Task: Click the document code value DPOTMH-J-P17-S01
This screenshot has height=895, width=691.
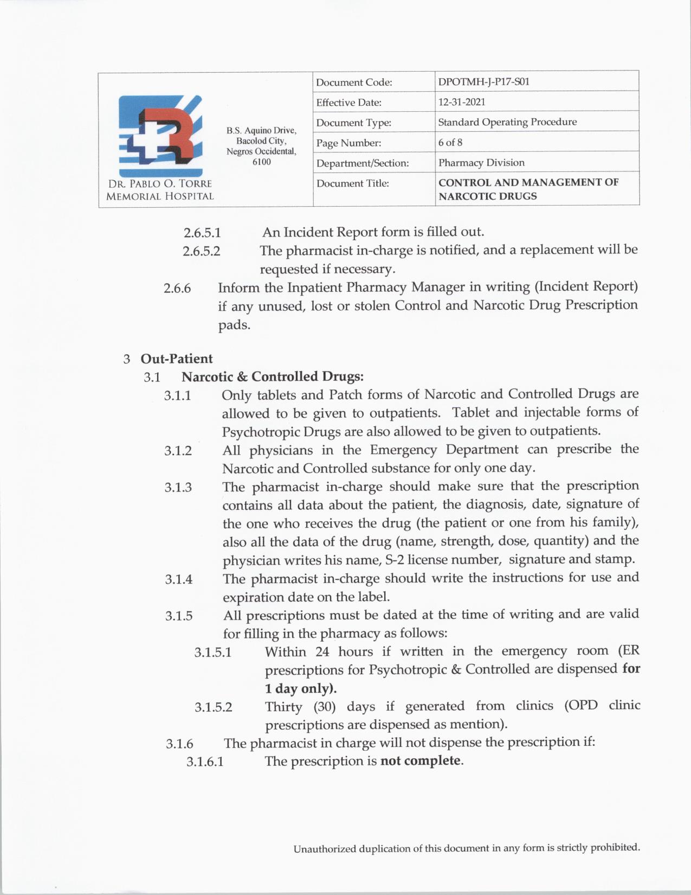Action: point(483,82)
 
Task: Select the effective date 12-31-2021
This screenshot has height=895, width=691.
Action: point(462,102)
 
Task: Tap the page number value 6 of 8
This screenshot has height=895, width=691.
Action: point(450,143)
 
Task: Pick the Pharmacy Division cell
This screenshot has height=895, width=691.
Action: point(481,163)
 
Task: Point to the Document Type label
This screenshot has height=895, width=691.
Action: point(353,123)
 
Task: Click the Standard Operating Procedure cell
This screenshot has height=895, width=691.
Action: point(507,122)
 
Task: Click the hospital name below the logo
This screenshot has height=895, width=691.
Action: point(160,190)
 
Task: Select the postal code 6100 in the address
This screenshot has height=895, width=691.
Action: point(262,162)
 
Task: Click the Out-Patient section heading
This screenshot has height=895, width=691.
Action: point(176,359)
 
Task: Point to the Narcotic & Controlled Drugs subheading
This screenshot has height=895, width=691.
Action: point(272,376)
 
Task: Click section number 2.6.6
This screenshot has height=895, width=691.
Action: point(177,289)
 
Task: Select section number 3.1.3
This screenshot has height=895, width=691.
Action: point(178,488)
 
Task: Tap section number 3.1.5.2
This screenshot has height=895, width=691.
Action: point(213,707)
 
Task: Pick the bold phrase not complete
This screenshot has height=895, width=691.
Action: point(421,760)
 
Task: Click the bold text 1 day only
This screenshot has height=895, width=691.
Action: point(301,688)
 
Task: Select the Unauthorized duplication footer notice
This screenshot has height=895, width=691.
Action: point(467,848)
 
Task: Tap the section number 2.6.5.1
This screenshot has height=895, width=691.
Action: point(202,233)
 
